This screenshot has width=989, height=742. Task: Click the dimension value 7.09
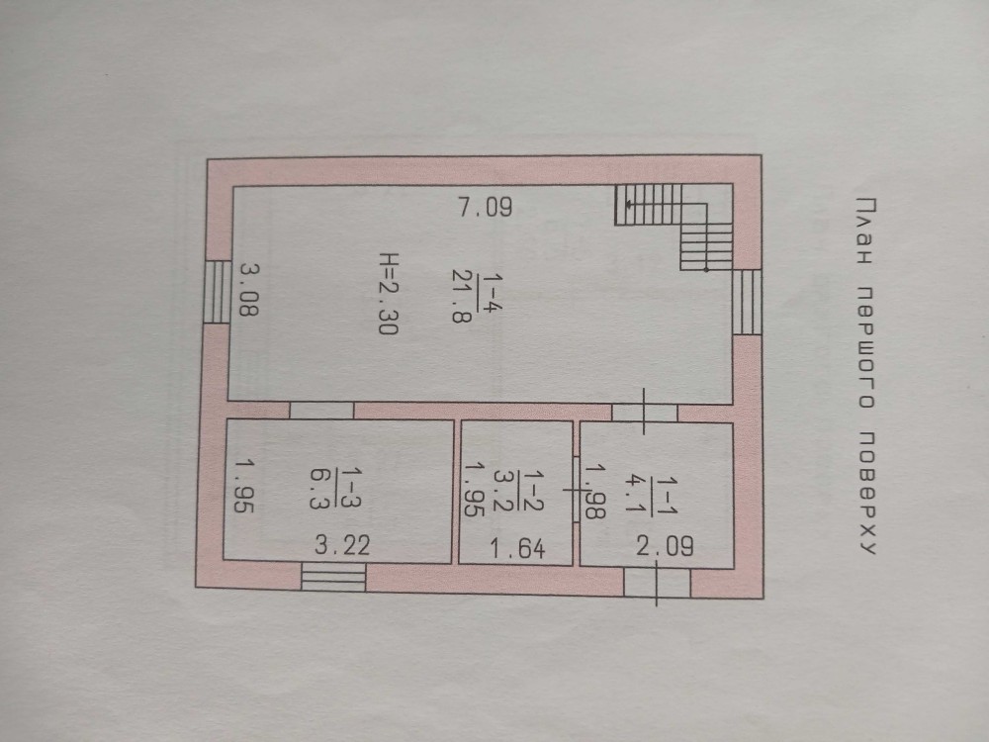click(485, 207)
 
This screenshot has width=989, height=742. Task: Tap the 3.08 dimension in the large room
click(248, 289)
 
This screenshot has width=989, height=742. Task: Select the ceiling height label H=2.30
click(389, 294)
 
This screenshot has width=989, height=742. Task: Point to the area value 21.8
click(461, 295)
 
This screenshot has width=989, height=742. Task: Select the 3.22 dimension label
click(342, 544)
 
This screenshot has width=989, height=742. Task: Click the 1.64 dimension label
click(517, 548)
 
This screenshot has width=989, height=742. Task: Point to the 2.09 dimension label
click(665, 546)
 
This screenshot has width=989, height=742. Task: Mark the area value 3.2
click(502, 491)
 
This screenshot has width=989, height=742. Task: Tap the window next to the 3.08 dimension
click(219, 292)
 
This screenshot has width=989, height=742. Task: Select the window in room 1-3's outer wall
click(333, 577)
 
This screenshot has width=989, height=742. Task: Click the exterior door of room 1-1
click(658, 583)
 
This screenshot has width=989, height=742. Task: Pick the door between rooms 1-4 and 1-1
click(645, 412)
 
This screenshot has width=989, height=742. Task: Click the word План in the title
click(866, 230)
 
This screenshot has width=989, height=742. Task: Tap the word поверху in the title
click(867, 493)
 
